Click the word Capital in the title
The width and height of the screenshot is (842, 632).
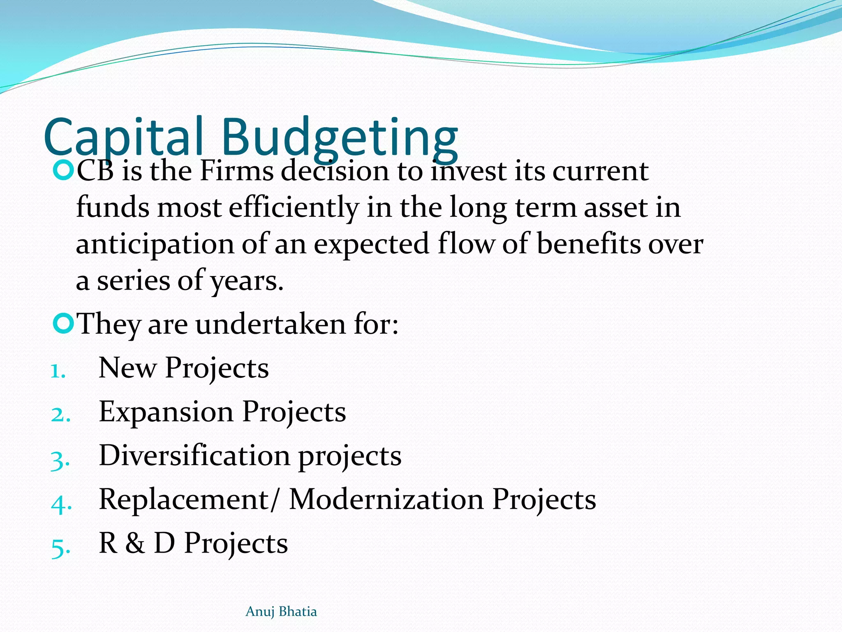[x=123, y=137]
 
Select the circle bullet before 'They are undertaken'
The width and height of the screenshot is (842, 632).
[x=63, y=323]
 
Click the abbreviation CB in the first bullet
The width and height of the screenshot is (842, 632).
[x=95, y=171]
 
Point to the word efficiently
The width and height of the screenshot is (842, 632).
[x=294, y=208]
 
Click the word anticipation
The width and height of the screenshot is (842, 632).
[x=155, y=244]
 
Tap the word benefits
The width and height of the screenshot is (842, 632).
[x=589, y=244]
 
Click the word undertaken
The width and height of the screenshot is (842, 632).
[x=270, y=324]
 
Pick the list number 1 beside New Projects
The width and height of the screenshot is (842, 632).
[x=58, y=371]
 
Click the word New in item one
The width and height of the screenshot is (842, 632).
[x=127, y=368]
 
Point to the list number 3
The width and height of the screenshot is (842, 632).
[x=60, y=460]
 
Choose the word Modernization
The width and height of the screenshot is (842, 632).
[x=386, y=500]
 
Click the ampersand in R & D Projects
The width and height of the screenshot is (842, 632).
[x=135, y=543]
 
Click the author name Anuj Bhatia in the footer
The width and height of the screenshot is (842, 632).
[x=281, y=611]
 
